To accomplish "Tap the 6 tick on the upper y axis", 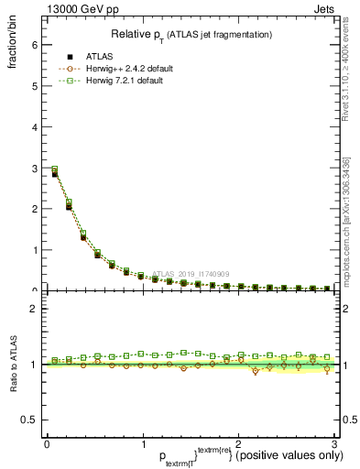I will pos(33,45).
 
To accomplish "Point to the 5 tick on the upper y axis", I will pos(33,86).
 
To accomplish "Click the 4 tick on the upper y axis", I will pos(33,127).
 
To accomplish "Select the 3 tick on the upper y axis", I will pos(33,168).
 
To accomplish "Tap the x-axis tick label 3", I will pos(333,444).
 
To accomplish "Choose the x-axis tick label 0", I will pos(47,444).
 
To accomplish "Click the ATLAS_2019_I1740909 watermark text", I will pos(191,274).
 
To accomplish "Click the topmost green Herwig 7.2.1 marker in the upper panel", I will pos(55,169).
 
